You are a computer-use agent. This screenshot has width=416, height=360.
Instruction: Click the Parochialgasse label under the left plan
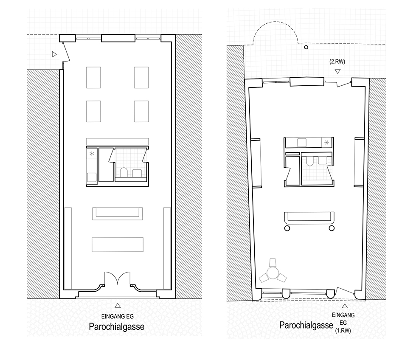point(116,326)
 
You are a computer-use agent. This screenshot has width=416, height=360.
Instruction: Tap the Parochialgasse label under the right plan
point(306,325)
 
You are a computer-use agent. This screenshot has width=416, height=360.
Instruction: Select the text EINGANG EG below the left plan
point(118,316)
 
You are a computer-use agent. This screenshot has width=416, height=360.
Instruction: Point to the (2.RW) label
point(337,62)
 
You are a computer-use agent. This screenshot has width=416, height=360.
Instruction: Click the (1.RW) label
point(343,331)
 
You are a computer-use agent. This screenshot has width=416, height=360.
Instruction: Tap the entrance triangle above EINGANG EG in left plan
point(118,306)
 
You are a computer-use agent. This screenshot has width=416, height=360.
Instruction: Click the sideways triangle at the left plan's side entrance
point(54,54)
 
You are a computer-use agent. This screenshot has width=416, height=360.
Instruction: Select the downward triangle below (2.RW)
point(337,71)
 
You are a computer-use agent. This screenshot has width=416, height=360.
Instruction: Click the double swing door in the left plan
point(118,278)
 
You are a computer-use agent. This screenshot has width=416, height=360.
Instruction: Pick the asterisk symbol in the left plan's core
point(92,154)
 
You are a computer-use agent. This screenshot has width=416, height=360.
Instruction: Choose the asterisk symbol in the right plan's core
point(326,143)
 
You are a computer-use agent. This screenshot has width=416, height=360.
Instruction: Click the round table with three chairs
point(273,273)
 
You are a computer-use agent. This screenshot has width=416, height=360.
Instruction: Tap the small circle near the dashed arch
point(306,47)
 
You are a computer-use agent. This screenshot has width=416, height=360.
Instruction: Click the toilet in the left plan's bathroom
point(124,172)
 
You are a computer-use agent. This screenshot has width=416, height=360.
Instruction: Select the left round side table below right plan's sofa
point(287,228)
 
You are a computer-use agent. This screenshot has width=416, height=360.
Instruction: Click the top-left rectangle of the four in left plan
point(93,77)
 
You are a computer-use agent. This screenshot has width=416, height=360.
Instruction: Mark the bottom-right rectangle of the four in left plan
point(141,111)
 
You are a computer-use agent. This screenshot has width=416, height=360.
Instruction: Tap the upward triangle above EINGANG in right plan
point(345,306)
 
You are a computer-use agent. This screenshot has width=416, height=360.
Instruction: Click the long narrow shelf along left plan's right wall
point(167,248)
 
